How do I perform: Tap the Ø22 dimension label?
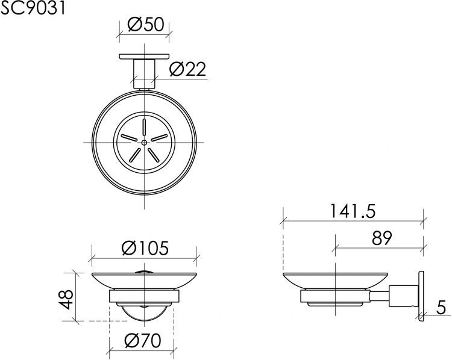(187, 70)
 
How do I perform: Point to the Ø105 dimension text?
(144, 247)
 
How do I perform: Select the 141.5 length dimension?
(353, 211)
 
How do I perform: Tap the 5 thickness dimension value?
(441, 308)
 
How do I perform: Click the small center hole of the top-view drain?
(145, 142)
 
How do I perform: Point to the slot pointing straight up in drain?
(145, 127)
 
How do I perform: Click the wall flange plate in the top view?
(145, 57)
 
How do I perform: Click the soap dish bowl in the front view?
(144, 281)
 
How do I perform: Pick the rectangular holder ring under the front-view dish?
(144, 296)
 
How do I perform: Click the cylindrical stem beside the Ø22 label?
(145, 74)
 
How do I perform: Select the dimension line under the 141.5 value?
(353, 221)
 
